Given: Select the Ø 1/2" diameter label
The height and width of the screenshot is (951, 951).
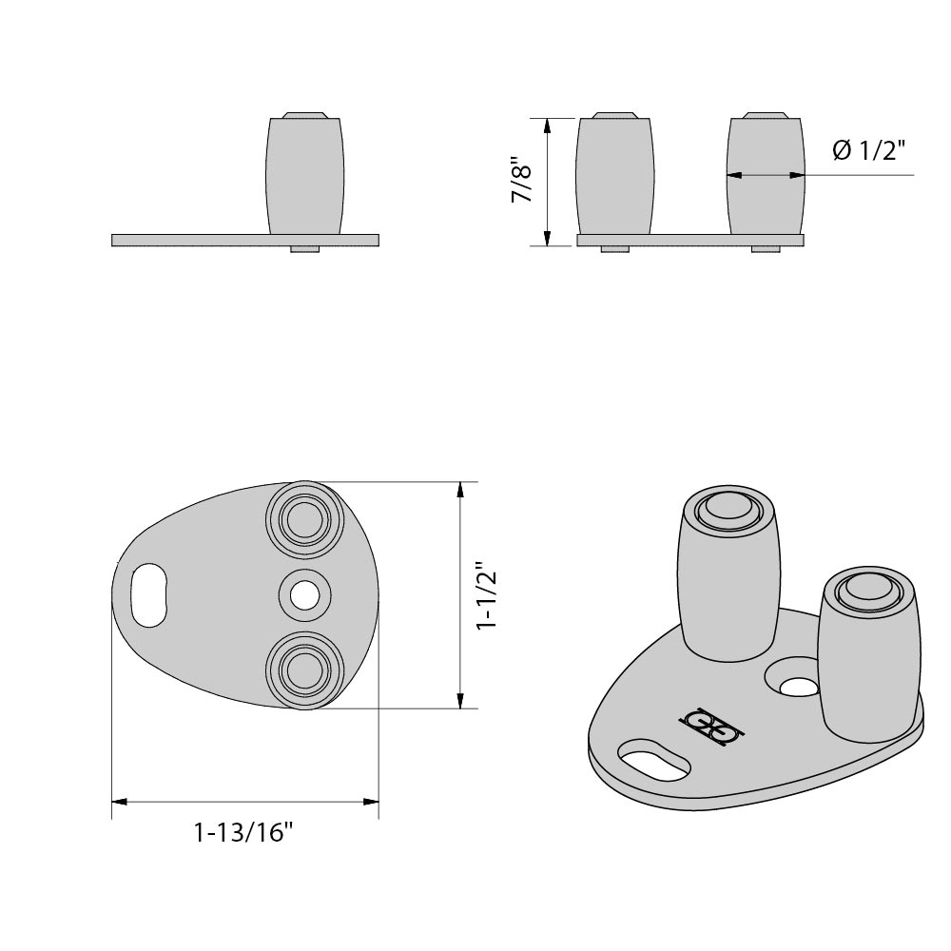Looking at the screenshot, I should coord(868,150).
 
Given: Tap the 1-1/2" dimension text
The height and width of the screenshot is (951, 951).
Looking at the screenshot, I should coord(487,596).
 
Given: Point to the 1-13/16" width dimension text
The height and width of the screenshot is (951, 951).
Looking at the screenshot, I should coord(243,834).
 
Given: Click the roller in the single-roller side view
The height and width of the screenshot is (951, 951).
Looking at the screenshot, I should coord(303,176).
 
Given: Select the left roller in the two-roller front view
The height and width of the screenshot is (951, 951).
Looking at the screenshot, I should coord(615,176).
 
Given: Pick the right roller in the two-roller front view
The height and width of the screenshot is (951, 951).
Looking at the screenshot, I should coord(766,176).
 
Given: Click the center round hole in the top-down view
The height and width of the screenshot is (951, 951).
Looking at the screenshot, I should coord(304,595).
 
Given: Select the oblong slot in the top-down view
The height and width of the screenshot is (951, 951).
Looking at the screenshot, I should coord(147,595).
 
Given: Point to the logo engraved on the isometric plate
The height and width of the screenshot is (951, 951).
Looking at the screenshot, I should coord(711,728).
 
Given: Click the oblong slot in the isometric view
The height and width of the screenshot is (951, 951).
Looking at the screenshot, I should coord(653,761).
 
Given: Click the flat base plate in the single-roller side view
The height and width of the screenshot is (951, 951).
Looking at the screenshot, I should coord(190,240).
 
